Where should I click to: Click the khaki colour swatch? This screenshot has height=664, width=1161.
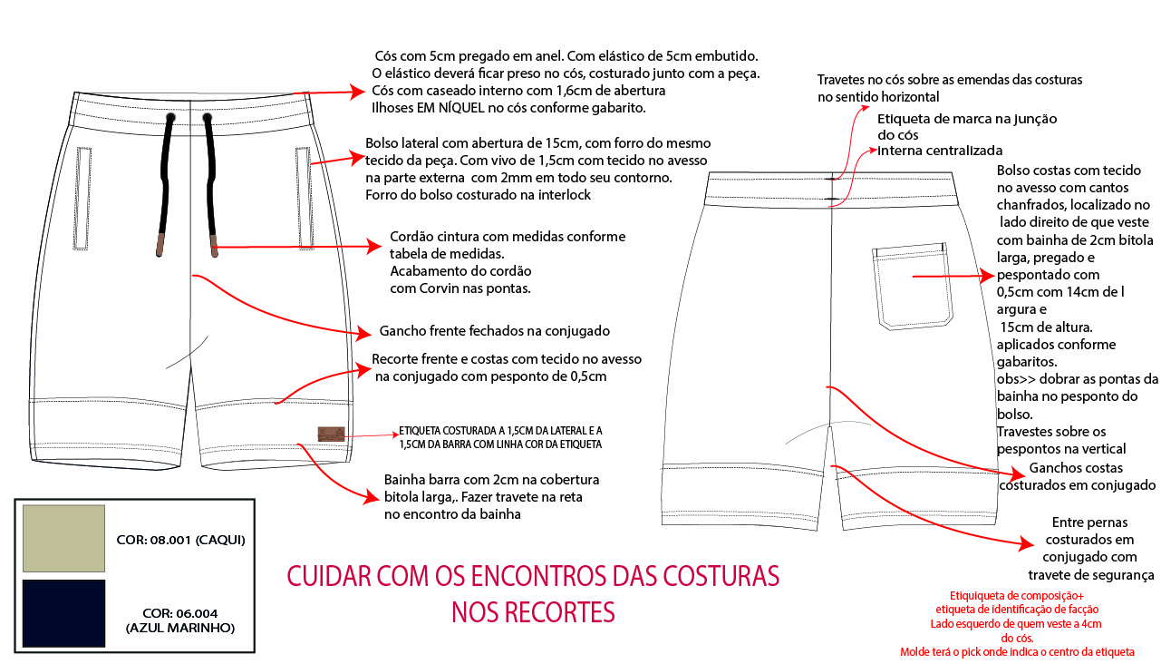tap(63, 539)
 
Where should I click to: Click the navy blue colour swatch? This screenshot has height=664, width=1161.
tap(63, 613)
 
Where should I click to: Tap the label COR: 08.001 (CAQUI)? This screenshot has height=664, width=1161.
tap(181, 540)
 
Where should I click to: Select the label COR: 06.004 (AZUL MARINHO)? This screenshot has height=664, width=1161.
tap(180, 620)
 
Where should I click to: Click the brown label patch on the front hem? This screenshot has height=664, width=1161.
tap(331, 435)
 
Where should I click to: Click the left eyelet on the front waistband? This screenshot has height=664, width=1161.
tap(169, 118)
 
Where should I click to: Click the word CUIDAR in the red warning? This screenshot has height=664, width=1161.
tap(327, 576)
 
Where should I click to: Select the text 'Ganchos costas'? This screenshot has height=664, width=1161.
tap(1076, 468)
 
